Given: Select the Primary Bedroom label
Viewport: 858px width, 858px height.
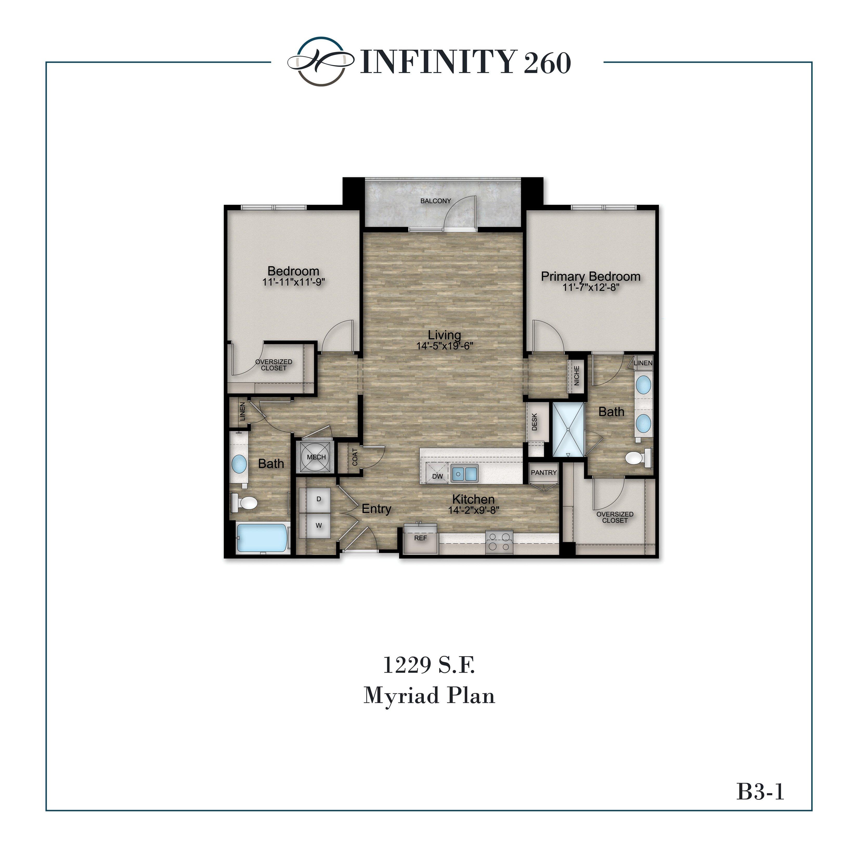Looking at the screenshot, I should [x=590, y=276].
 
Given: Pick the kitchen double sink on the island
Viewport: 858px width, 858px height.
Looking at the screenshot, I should [x=464, y=474].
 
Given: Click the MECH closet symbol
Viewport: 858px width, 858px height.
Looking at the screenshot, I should [x=316, y=457].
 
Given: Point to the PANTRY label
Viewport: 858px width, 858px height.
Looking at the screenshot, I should [x=544, y=472].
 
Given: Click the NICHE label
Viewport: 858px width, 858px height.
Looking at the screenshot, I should [x=576, y=375].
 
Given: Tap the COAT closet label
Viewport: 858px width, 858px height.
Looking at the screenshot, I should [x=355, y=457].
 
